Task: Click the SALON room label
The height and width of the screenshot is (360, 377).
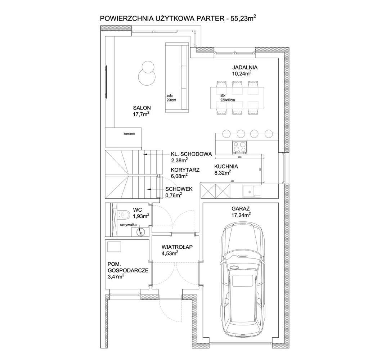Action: (x=142, y=108)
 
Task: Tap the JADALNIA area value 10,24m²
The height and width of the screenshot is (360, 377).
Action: (x=242, y=73)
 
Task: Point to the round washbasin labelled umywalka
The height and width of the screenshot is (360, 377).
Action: (x=141, y=232)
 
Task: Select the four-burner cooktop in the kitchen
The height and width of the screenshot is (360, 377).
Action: (x=239, y=147)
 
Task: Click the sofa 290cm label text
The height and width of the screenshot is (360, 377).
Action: (x=171, y=98)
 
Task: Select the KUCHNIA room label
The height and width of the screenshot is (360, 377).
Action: (x=226, y=166)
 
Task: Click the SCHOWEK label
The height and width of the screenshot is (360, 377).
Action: (x=178, y=189)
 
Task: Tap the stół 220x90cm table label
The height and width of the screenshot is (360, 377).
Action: (x=227, y=98)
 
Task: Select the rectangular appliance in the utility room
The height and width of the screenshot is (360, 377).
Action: (x=115, y=246)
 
